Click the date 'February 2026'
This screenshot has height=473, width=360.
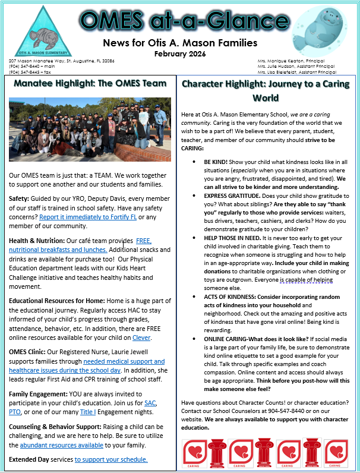[x=180, y=53]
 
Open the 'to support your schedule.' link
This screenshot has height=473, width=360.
[x=111, y=459]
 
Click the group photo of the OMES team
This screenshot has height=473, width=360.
[x=90, y=131]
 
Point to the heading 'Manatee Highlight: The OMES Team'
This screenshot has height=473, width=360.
[x=90, y=83]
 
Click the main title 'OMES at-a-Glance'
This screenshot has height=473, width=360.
[x=179, y=21]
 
